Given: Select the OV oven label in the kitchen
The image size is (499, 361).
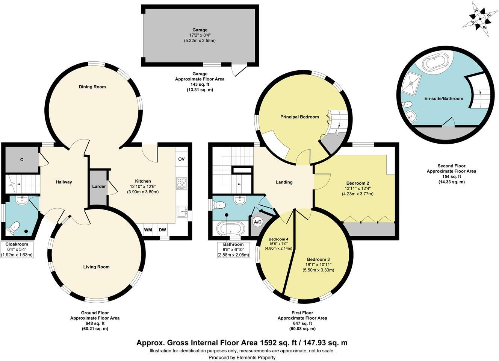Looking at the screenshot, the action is click(x=181, y=159).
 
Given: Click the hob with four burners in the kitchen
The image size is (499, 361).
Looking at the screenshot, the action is click(x=181, y=183).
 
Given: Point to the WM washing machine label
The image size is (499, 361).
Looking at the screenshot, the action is click(x=148, y=230).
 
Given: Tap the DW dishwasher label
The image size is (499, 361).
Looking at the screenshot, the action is click(x=162, y=230).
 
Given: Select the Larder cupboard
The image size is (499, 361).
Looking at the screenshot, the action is click(x=99, y=187).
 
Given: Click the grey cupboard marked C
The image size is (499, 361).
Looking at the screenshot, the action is click(x=22, y=160).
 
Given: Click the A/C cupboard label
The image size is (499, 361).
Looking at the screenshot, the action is click(x=258, y=222).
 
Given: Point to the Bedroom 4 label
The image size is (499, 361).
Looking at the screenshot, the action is click(x=278, y=239).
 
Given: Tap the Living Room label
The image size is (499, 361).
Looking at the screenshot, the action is click(x=97, y=267).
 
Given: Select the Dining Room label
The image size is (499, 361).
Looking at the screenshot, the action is click(x=92, y=87).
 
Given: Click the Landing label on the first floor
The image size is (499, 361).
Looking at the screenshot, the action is click(x=284, y=182).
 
